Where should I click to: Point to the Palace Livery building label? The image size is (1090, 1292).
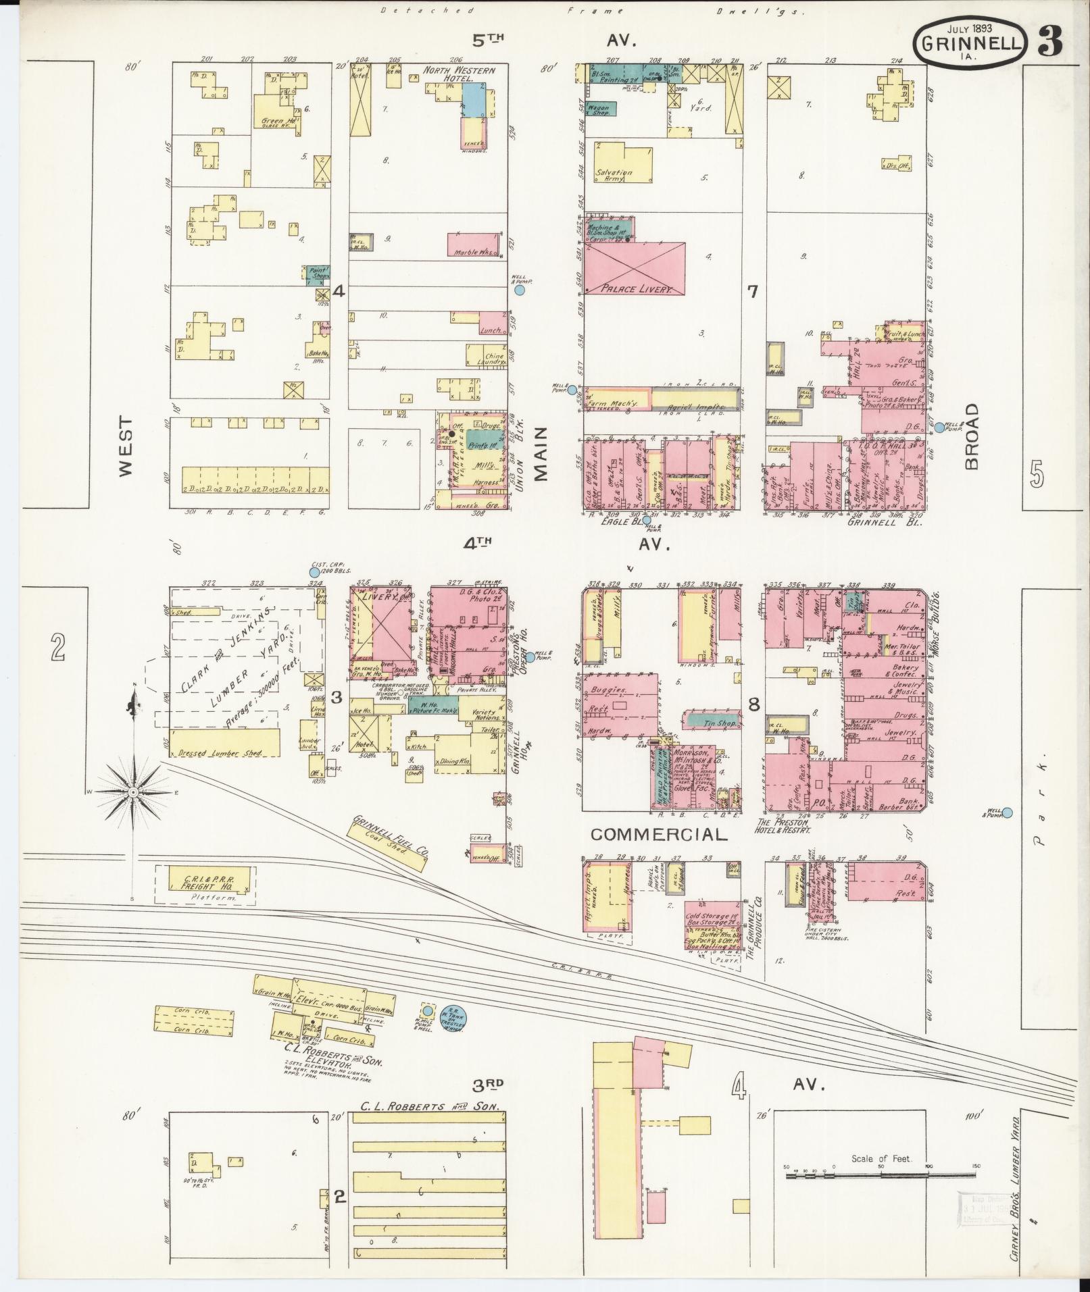pos(628,289)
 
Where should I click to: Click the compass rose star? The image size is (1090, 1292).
pos(134,791)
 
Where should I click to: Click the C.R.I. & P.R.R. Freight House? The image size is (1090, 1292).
pos(205,882)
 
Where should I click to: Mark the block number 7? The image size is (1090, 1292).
pos(753,292)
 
